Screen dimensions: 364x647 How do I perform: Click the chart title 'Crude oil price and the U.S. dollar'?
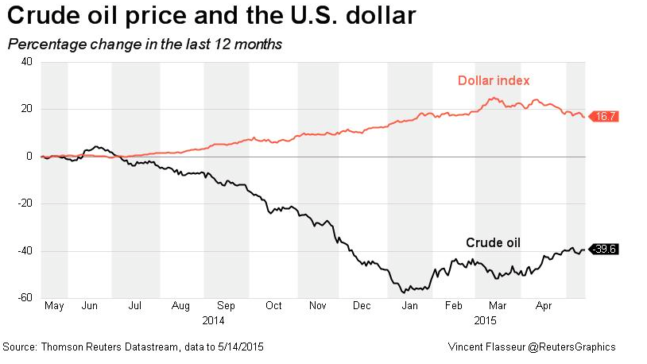[x=211, y=15]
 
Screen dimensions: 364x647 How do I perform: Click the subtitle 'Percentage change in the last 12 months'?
[x=145, y=45]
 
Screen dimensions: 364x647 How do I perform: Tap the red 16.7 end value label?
[x=605, y=116]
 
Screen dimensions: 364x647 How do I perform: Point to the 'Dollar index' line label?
[x=494, y=80]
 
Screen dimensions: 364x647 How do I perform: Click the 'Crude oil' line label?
[x=493, y=242]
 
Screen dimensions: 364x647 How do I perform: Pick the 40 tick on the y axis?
[x=26, y=61]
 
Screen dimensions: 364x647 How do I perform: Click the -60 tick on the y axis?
[x=25, y=297]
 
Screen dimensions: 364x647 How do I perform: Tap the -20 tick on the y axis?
[x=25, y=203]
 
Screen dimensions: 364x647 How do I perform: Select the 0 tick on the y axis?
[x=29, y=156]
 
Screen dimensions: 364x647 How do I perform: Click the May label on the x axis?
[x=54, y=305]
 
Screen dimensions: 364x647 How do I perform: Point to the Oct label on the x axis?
[x=273, y=305]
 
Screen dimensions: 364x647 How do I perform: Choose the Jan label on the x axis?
[x=409, y=305]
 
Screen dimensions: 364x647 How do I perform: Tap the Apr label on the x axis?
[x=544, y=305]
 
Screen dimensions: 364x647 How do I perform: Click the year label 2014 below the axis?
[x=213, y=320]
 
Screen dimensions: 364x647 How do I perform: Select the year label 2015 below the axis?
[x=485, y=320]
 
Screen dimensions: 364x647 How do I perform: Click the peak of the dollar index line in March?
[x=494, y=99]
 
